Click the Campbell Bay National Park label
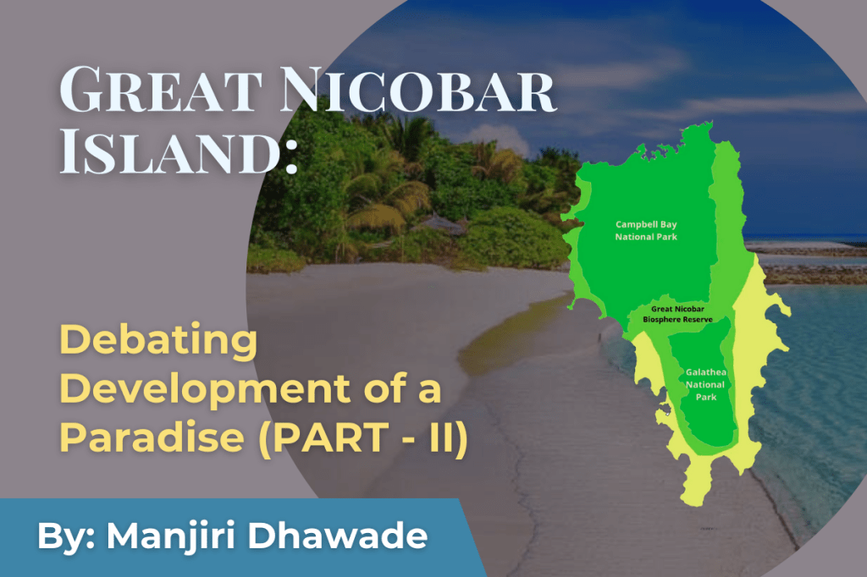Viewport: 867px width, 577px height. click(646, 231)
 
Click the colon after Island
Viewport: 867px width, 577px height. click(290, 157)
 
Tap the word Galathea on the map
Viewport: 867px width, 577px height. click(704, 372)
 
